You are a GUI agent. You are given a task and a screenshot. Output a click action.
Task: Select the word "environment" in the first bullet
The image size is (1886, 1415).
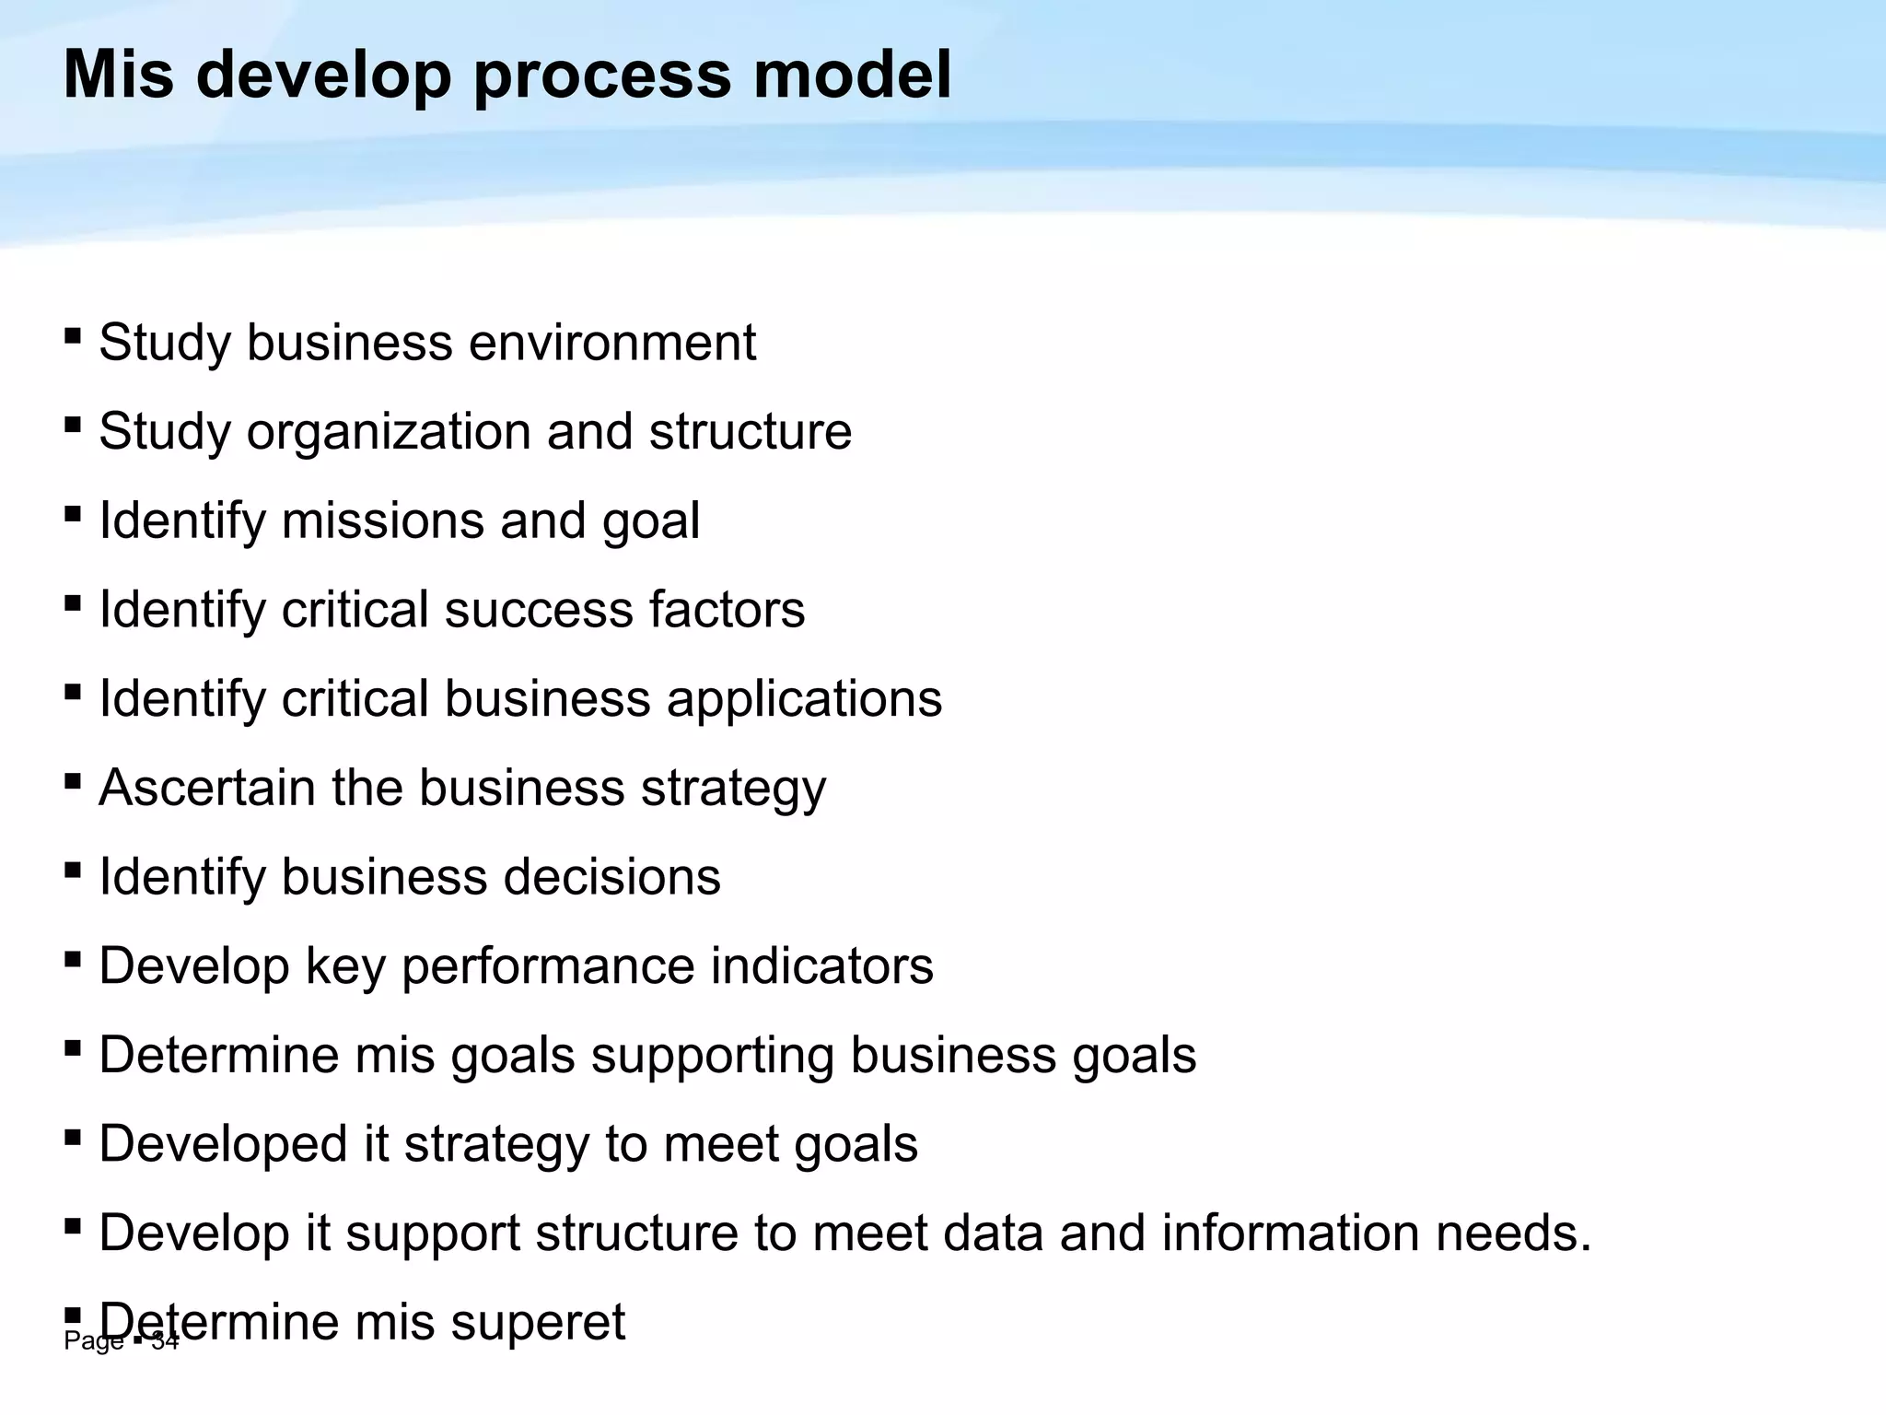(612, 343)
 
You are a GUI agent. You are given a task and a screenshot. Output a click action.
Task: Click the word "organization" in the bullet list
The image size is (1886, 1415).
(389, 433)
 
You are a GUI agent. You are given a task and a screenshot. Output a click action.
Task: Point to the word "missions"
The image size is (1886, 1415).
(382, 520)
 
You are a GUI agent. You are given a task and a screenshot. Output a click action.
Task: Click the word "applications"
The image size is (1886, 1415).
(804, 700)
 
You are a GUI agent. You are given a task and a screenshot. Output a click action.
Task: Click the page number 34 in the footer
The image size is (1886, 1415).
(166, 1342)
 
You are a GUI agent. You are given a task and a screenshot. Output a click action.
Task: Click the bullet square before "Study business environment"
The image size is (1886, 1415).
(73, 333)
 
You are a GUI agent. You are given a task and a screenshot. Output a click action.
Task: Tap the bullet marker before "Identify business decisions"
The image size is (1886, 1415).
(73, 869)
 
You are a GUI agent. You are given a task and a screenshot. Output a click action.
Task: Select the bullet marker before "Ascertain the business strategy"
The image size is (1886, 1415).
(73, 779)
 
